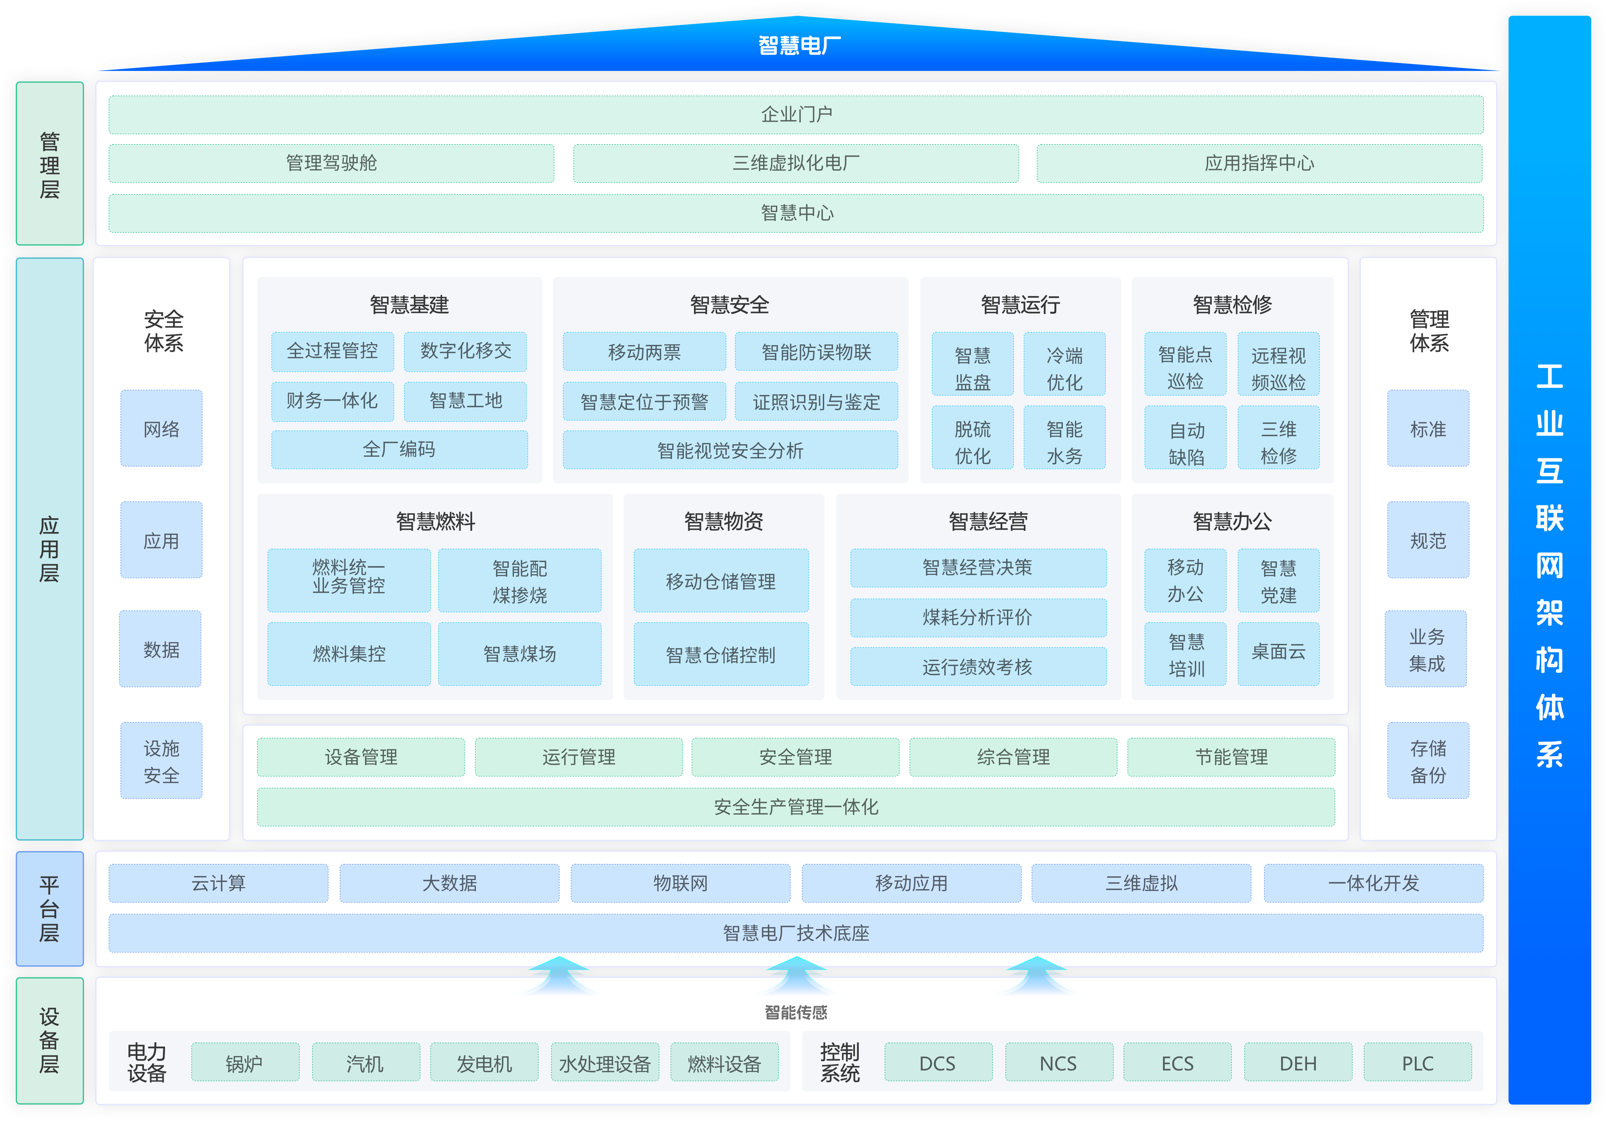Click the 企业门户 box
point(796,114)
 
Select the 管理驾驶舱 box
point(331,163)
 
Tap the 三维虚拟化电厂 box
point(796,163)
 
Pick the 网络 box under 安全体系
point(161,429)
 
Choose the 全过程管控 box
point(332,351)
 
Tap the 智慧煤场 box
point(519,653)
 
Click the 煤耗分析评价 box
point(978,617)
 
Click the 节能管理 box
point(1231,757)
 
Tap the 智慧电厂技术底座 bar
point(796,933)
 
